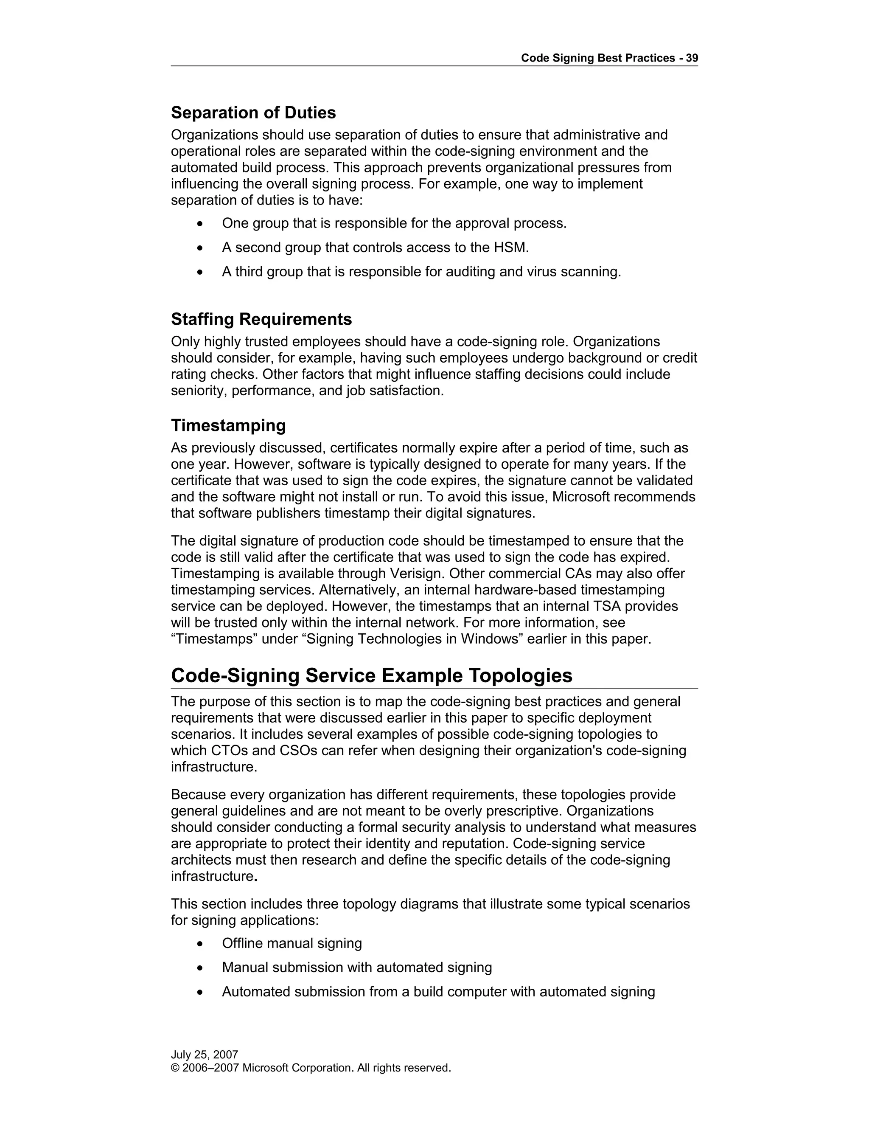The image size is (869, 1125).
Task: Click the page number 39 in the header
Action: pyautogui.click(x=691, y=58)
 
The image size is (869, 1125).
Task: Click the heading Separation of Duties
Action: pyautogui.click(x=253, y=113)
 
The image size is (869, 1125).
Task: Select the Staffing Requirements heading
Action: pyautogui.click(x=261, y=319)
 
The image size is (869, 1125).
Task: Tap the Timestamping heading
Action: pyautogui.click(x=228, y=425)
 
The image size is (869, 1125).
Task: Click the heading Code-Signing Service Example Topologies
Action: pyautogui.click(x=371, y=675)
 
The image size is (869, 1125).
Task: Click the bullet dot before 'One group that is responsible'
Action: pyautogui.click(x=200, y=224)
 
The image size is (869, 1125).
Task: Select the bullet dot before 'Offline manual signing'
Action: pyautogui.click(x=200, y=944)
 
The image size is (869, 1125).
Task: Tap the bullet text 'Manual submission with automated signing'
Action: pyautogui.click(x=357, y=967)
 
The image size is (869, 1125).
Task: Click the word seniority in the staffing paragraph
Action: pyautogui.click(x=199, y=391)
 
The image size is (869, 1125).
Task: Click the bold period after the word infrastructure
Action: pyautogui.click(x=256, y=877)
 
